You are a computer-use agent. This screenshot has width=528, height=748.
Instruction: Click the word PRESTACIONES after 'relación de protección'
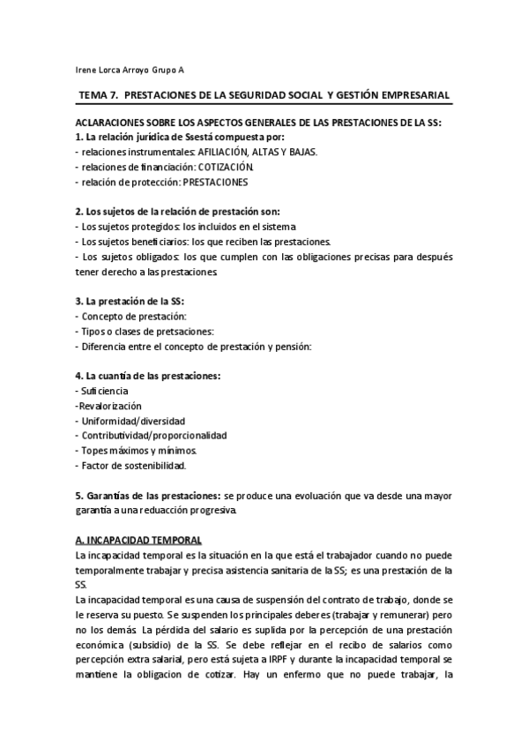215,182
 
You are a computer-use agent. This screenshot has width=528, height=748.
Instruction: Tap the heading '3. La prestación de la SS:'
130,302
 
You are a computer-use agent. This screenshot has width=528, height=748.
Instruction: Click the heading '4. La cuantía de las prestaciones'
148,377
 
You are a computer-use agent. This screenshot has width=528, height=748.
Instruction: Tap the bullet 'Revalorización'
109,406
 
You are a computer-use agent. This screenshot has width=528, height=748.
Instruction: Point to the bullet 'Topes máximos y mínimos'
134,451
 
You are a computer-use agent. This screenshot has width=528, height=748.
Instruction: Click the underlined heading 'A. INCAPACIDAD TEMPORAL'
139,539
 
